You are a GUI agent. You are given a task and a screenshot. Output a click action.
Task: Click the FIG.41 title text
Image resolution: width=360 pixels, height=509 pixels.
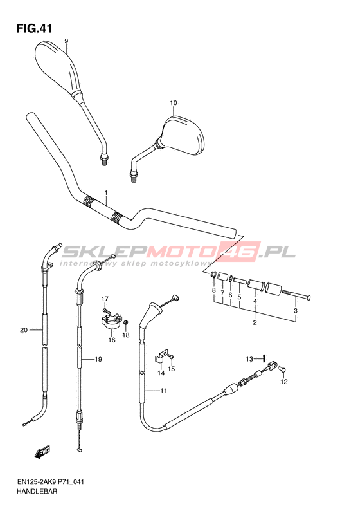pyautogui.click(x=34, y=28)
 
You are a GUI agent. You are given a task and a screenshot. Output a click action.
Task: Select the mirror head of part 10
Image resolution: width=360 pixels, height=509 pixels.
pyautogui.click(x=182, y=133)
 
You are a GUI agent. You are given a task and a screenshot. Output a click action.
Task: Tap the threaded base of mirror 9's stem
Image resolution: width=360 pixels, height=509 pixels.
pyautogui.click(x=104, y=160)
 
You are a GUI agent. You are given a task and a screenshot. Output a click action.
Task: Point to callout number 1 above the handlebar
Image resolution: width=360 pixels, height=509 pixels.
pyautogui.click(x=105, y=193)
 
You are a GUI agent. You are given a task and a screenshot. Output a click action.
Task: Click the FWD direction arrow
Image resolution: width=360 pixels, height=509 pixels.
pyautogui.click(x=42, y=451)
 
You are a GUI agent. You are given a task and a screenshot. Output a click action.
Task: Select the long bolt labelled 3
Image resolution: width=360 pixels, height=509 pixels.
pyautogui.click(x=296, y=295)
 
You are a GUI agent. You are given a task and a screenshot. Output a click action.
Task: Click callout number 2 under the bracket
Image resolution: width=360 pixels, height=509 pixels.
pyautogui.click(x=255, y=322)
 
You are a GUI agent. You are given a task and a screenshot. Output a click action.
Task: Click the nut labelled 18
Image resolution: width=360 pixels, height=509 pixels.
pyautogui.click(x=126, y=322)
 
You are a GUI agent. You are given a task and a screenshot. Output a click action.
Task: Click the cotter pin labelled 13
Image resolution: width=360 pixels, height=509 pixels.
pyautogui.click(x=265, y=358)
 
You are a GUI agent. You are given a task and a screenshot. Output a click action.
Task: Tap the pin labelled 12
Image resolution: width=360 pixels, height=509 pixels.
pyautogui.click(x=282, y=369)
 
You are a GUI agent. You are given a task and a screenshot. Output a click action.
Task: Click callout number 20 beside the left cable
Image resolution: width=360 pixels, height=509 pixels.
pyautogui.click(x=24, y=330)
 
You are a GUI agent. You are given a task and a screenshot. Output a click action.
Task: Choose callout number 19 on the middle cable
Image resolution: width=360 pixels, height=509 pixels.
pyautogui.click(x=98, y=359)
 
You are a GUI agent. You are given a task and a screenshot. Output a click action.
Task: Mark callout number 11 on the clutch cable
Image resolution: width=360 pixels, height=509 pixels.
pyautogui.click(x=164, y=391)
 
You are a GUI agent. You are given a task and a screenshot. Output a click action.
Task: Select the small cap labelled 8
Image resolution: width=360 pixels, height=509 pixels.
pyautogui.click(x=213, y=275)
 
